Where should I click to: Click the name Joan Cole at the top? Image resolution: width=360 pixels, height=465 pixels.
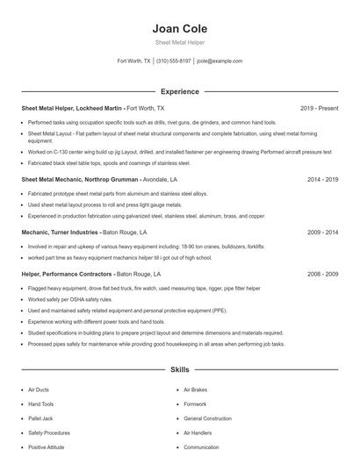click(179, 29)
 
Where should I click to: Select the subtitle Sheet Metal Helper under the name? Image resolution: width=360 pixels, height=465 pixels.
click(179, 42)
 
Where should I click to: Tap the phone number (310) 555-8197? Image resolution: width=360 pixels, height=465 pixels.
click(174, 61)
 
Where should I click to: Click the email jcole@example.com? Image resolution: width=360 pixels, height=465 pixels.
click(220, 61)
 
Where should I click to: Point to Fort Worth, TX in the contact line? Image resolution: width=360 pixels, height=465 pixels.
click(134, 61)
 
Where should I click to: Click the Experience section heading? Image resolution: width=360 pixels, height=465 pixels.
click(179, 91)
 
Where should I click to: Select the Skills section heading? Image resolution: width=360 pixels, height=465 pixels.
click(179, 371)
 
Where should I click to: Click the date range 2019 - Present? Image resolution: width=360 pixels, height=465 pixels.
click(319, 108)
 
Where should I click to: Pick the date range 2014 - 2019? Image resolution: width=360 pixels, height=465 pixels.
click(322, 179)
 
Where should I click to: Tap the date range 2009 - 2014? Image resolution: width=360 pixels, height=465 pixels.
click(322, 232)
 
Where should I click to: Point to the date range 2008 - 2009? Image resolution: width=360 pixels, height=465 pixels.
click(322, 275)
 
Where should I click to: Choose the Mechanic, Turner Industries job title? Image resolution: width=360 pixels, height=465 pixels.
click(83, 232)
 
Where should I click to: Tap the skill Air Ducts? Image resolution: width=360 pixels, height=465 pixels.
click(39, 390)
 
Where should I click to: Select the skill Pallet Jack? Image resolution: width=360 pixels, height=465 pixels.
click(40, 418)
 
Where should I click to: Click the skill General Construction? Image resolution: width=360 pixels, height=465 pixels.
click(207, 418)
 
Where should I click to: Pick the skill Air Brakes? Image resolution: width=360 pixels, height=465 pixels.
click(195, 390)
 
